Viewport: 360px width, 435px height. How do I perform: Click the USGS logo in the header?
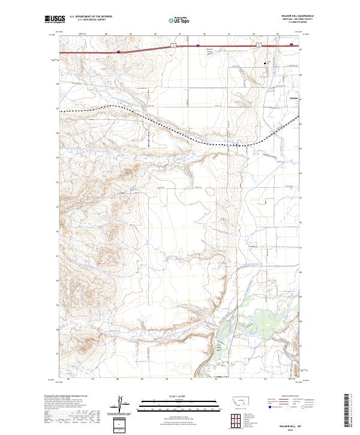pos(55,20)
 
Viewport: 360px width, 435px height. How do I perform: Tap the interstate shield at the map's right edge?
pos(292,44)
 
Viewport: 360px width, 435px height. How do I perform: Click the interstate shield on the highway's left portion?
pos(118,52)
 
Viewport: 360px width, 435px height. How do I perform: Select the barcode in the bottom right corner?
pos(349,411)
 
